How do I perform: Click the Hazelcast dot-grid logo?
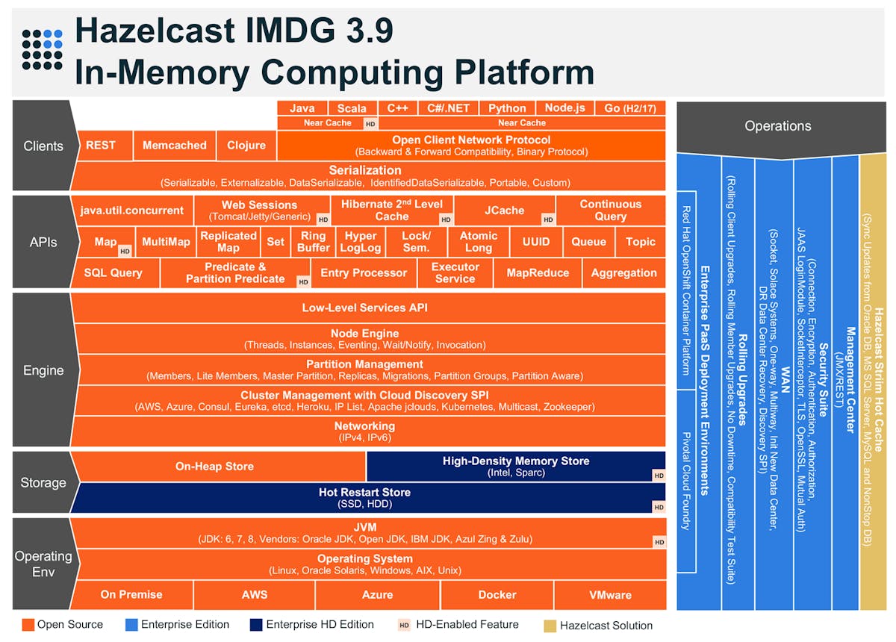pyautogui.click(x=42, y=49)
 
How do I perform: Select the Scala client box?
pyautogui.click(x=351, y=108)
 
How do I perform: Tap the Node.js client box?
pyautogui.click(x=564, y=108)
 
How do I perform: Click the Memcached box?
pyautogui.click(x=174, y=146)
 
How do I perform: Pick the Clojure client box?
pyautogui.click(x=246, y=146)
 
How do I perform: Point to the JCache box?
pyautogui.click(x=504, y=211)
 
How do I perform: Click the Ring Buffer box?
pyautogui.click(x=314, y=242)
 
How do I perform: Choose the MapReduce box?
pyautogui.click(x=538, y=273)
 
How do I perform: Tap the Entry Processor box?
pyautogui.click(x=364, y=273)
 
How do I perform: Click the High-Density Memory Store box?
pyautogui.click(x=515, y=467)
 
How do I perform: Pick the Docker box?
pyautogui.click(x=497, y=595)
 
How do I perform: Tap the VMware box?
pyautogui.click(x=609, y=595)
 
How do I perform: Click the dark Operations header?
pyautogui.click(x=777, y=126)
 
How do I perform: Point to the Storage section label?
pyautogui.click(x=43, y=483)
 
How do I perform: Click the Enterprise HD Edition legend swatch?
pyautogui.click(x=257, y=625)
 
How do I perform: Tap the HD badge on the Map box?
pyautogui.click(x=125, y=252)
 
